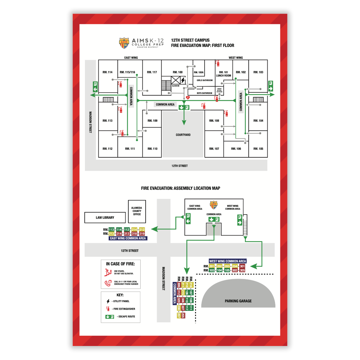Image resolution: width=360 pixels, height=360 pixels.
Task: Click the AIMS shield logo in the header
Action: point(124,42)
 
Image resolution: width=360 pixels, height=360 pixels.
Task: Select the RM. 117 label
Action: point(152,72)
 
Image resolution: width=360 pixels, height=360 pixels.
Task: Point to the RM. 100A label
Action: point(199,72)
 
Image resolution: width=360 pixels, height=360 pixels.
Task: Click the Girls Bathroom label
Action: point(205,80)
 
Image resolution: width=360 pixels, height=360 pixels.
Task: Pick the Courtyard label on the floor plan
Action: point(183,135)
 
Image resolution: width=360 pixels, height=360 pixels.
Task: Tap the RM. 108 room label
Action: point(214,121)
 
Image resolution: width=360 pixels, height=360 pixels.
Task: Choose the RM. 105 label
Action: point(258,149)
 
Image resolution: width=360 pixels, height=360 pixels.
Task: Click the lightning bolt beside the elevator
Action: point(183,80)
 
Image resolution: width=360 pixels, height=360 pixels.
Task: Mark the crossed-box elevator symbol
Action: point(175,80)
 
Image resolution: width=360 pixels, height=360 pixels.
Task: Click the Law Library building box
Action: point(105,218)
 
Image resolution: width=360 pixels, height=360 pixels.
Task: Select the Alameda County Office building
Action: point(137,211)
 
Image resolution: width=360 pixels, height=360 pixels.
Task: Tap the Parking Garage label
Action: point(238,301)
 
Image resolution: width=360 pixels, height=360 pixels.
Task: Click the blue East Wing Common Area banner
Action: point(128,238)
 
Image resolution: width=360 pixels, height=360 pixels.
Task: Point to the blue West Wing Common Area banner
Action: point(228,261)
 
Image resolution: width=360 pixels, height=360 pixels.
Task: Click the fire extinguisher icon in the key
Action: point(108,309)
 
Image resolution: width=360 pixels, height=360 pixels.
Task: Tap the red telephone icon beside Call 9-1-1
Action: point(108,284)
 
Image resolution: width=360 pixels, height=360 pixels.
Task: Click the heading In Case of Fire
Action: point(120,264)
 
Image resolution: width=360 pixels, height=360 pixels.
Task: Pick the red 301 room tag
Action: point(242,266)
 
